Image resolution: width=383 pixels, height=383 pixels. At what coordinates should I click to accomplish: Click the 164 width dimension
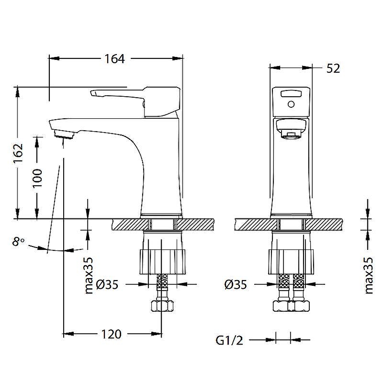(x=114, y=59)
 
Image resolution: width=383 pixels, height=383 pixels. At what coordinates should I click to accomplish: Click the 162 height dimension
(x=18, y=153)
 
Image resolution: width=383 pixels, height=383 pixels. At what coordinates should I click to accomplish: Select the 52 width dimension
(x=333, y=68)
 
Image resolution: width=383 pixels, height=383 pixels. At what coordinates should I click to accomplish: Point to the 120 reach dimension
(x=112, y=334)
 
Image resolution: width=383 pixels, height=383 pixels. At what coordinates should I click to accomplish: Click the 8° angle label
(x=18, y=242)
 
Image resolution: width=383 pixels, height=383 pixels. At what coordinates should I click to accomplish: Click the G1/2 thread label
(x=229, y=340)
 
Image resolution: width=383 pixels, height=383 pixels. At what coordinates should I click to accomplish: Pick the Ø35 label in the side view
(x=107, y=285)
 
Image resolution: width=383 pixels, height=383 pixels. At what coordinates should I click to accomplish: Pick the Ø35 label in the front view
(x=236, y=285)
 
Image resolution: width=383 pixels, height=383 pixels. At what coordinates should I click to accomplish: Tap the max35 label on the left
(x=88, y=275)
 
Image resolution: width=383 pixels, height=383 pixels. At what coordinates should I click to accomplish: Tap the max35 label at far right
(x=369, y=275)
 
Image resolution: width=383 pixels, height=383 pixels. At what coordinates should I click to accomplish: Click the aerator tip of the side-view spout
(x=64, y=134)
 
